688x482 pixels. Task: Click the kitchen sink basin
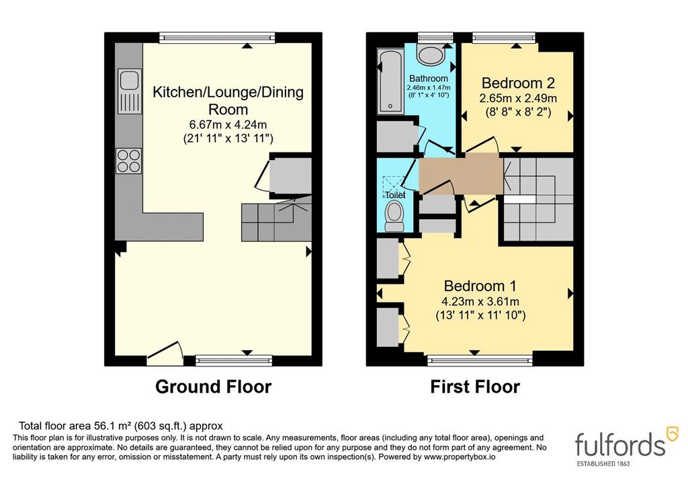pos(129,80)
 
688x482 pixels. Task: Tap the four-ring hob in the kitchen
pos(128,161)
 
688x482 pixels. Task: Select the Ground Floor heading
pos(213,387)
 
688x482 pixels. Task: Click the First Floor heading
pos(475,387)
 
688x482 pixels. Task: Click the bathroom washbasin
pos(431,55)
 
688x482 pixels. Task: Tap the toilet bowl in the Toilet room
pos(394,216)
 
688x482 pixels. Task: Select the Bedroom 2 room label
pos(518,83)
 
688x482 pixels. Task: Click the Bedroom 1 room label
pos(480,286)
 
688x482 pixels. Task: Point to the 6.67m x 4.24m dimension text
pos(228,124)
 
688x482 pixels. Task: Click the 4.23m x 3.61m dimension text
pos(480,302)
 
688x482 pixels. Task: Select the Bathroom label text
pos(429,79)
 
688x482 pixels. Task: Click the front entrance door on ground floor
pos(165,354)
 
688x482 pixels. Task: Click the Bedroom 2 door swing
pos(482,145)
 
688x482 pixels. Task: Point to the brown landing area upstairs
pos(461,175)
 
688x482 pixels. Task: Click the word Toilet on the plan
pos(395,194)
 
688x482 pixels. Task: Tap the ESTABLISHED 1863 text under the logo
pos(603,464)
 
